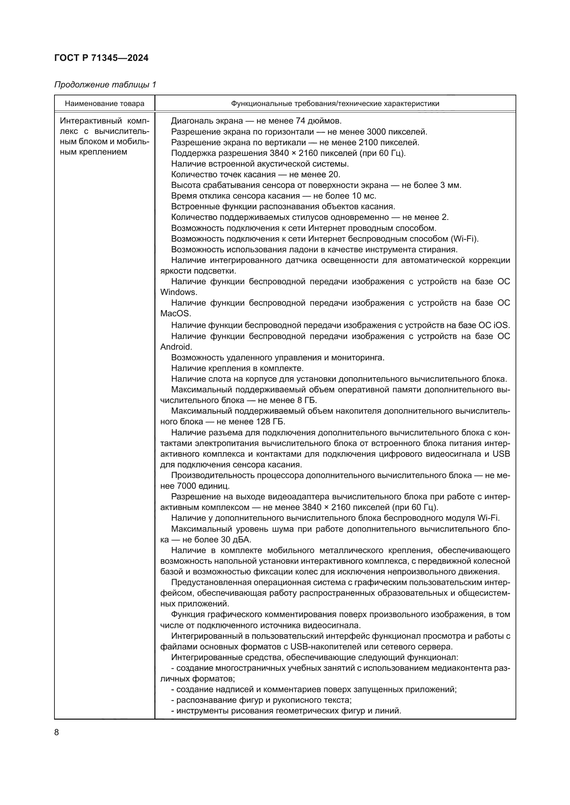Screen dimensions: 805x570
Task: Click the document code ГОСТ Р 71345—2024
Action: point(101,58)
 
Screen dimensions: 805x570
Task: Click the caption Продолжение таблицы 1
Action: point(105,85)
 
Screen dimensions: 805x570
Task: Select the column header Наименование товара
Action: point(105,104)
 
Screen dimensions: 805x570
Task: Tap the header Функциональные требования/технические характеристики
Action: point(335,104)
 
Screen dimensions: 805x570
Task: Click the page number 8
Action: point(57,733)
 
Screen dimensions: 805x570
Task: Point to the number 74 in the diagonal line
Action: point(301,121)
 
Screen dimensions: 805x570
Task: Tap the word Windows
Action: point(178,292)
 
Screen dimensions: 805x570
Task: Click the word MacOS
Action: point(175,314)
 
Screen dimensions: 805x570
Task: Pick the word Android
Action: point(176,347)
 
